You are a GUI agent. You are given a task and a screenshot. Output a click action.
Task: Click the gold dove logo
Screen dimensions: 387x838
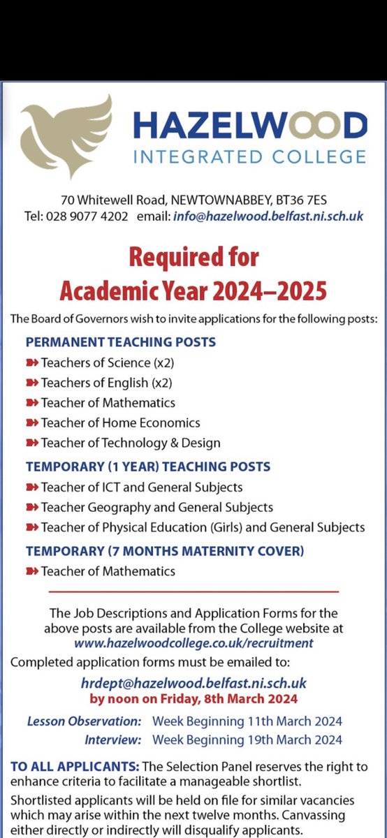pos(66,136)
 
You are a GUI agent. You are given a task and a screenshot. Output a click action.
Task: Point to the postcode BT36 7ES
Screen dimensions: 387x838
pos(319,198)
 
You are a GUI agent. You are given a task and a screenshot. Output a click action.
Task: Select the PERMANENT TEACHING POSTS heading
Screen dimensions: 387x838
pos(121,342)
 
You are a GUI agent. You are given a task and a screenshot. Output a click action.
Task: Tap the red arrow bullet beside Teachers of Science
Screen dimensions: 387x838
pos(32,362)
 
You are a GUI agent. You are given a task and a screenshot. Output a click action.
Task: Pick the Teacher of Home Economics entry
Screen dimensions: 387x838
pos(120,422)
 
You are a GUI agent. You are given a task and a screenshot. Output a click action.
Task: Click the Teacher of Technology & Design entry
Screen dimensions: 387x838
pos(131,443)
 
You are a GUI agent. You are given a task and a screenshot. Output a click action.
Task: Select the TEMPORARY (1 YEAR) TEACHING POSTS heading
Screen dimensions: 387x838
pos(148,466)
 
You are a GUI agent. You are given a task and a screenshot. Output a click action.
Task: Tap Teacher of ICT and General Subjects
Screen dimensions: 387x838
pos(142,487)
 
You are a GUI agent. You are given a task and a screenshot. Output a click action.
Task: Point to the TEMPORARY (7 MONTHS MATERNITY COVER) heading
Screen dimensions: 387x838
pos(165,550)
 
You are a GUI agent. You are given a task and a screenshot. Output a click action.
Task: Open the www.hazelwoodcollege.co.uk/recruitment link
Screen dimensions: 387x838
pos(193,642)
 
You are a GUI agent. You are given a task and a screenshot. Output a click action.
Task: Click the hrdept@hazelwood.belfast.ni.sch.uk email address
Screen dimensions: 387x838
pos(193,682)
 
